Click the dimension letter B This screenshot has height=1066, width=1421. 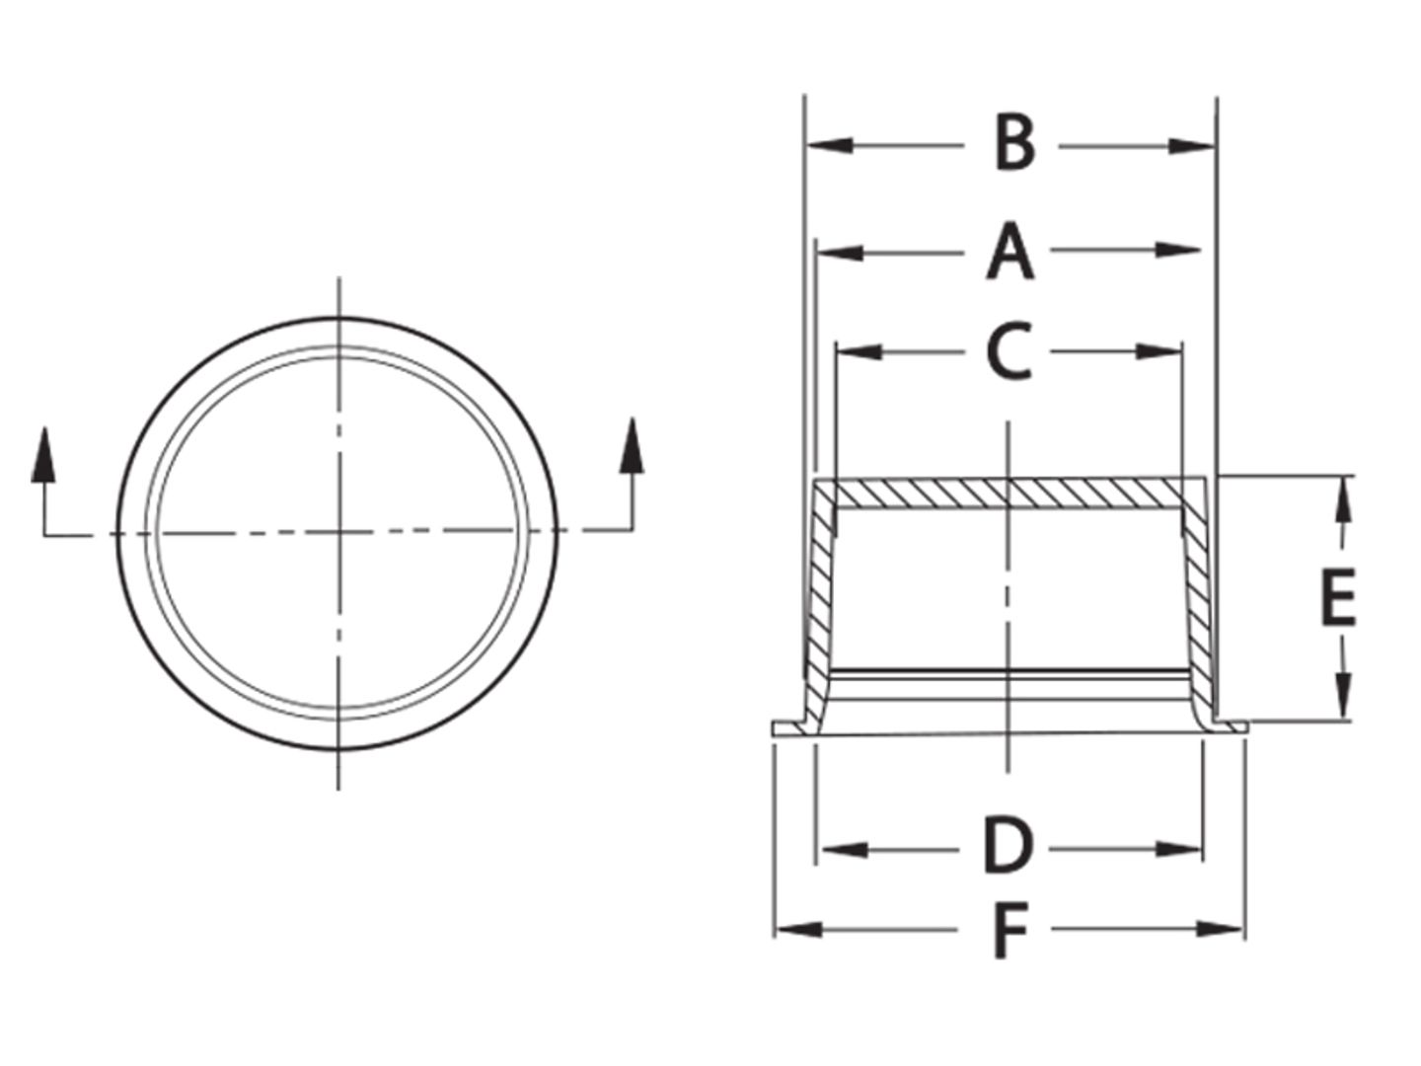click(1014, 144)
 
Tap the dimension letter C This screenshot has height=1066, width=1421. click(1009, 351)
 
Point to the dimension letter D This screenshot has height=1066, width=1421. click(1008, 847)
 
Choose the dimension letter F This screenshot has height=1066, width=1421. click(1010, 931)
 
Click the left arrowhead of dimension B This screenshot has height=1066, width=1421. click(829, 146)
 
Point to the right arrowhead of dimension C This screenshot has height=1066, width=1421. click(1159, 351)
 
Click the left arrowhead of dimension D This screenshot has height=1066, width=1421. click(844, 848)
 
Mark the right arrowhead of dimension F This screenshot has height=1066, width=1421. click(1219, 929)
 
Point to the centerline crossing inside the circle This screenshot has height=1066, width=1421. click(339, 533)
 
